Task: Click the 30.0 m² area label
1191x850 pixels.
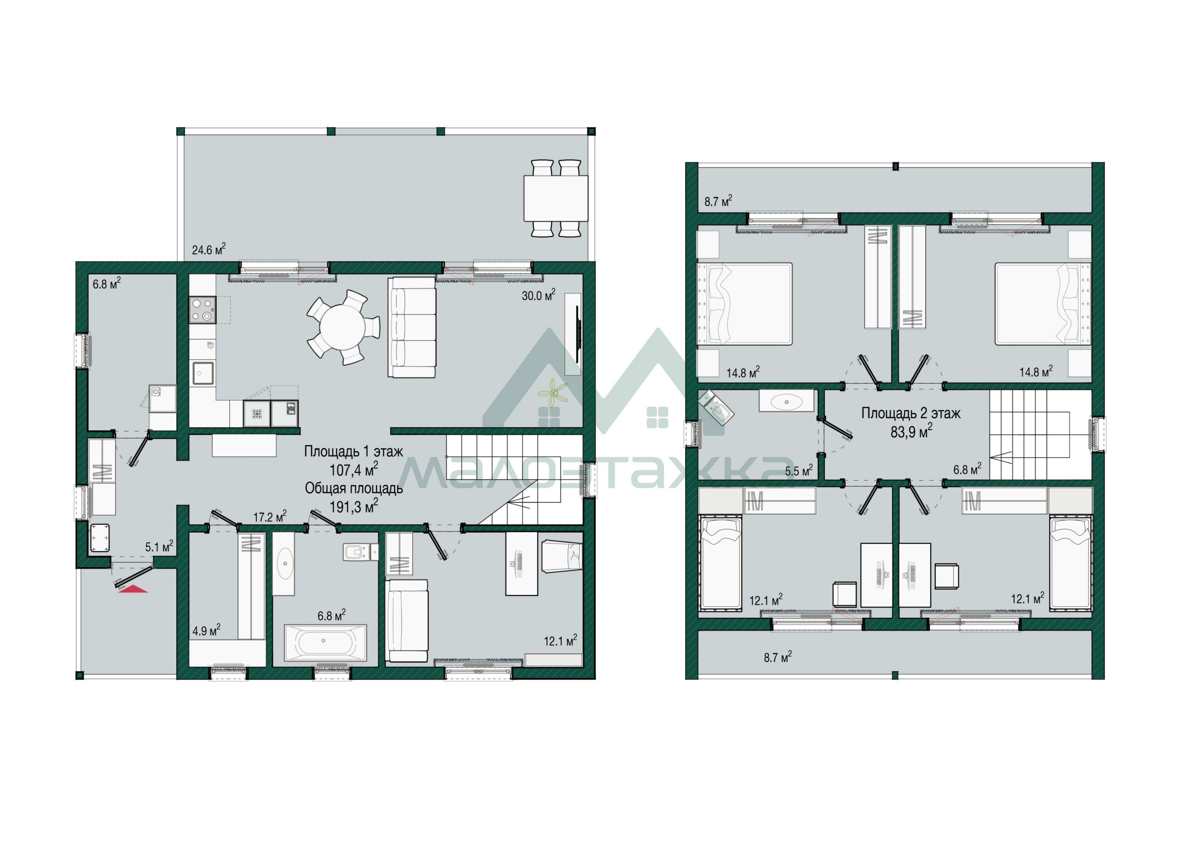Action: coord(538,295)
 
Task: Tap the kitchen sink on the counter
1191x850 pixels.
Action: coord(203,373)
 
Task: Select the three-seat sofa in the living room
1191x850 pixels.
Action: coord(412,328)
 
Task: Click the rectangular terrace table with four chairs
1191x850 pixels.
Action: coord(556,198)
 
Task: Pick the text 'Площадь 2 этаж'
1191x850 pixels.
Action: coord(911,413)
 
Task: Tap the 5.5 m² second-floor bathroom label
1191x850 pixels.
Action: coord(799,470)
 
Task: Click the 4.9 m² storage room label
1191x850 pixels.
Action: coord(206,631)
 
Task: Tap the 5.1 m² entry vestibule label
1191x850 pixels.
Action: coord(159,547)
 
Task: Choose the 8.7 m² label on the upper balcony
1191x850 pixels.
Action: coord(718,201)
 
